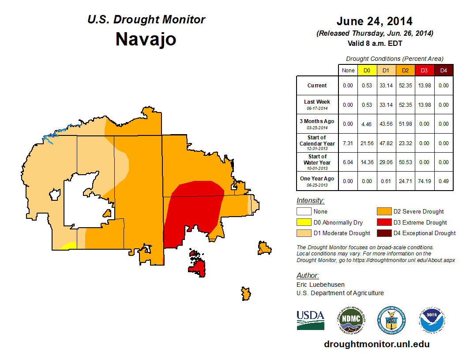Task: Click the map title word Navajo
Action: coord(146,39)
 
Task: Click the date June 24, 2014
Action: coord(374,21)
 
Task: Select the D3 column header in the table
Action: coord(424,70)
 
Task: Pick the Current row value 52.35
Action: coord(405,86)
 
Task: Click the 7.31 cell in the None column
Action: coord(348,143)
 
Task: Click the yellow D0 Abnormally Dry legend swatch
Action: coord(304,222)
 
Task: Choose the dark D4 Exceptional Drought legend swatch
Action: coord(383,233)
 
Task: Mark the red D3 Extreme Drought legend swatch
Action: coord(383,222)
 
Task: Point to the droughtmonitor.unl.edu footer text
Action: coord(376,344)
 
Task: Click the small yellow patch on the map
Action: coord(68,246)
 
